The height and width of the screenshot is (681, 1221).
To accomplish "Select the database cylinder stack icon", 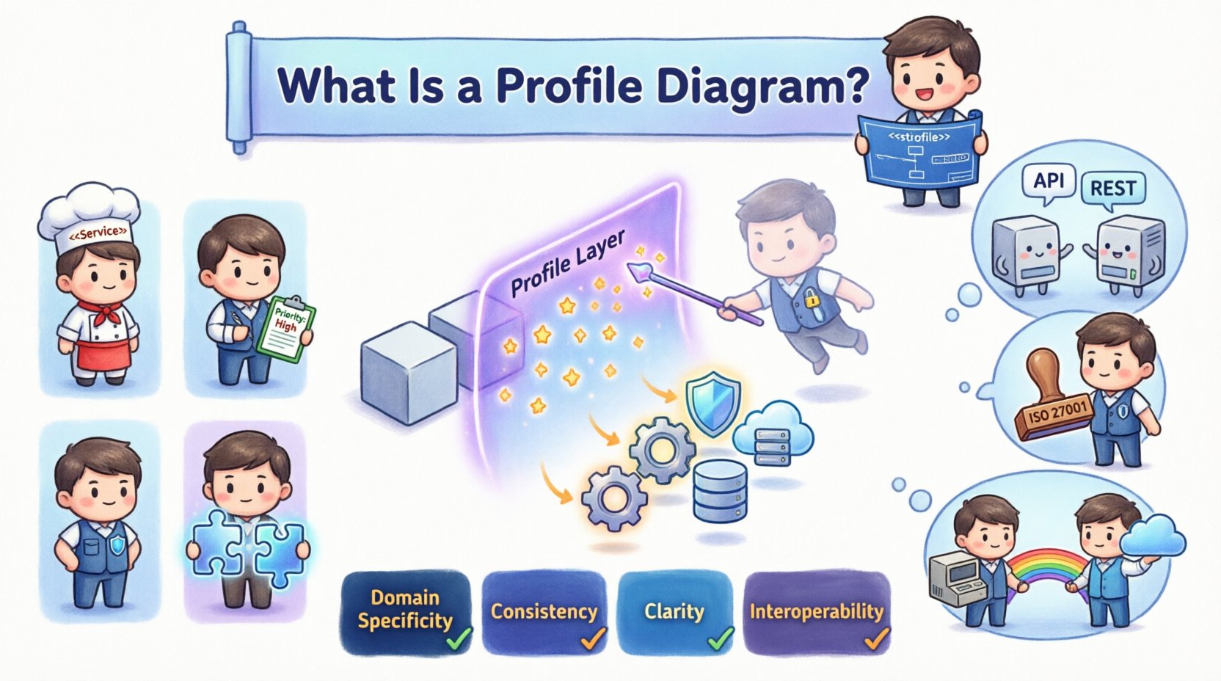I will pyautogui.click(x=719, y=489).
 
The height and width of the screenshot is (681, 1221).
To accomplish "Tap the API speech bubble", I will pyautogui.click(x=1049, y=181).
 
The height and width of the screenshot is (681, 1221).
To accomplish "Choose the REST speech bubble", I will pyautogui.click(x=1112, y=189).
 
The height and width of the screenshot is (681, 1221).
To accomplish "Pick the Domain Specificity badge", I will pyautogui.click(x=406, y=611).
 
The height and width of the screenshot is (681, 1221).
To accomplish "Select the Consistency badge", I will pyautogui.click(x=544, y=612).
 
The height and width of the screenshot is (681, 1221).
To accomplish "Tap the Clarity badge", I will pyautogui.click(x=674, y=612).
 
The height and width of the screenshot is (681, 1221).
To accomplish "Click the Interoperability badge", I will pyautogui.click(x=816, y=612).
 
